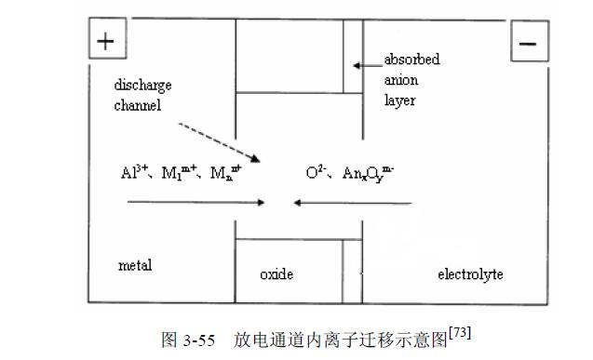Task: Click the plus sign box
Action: tap(106, 42)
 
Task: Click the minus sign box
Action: tap(528, 42)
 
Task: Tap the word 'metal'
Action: tap(135, 265)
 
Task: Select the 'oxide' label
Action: tap(276, 274)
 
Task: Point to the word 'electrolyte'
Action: tap(470, 274)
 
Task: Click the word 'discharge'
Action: tap(143, 86)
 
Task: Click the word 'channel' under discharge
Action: tap(138, 105)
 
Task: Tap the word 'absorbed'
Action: tap(411, 60)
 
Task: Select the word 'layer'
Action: tap(399, 100)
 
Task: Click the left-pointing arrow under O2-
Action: tap(352, 201)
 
